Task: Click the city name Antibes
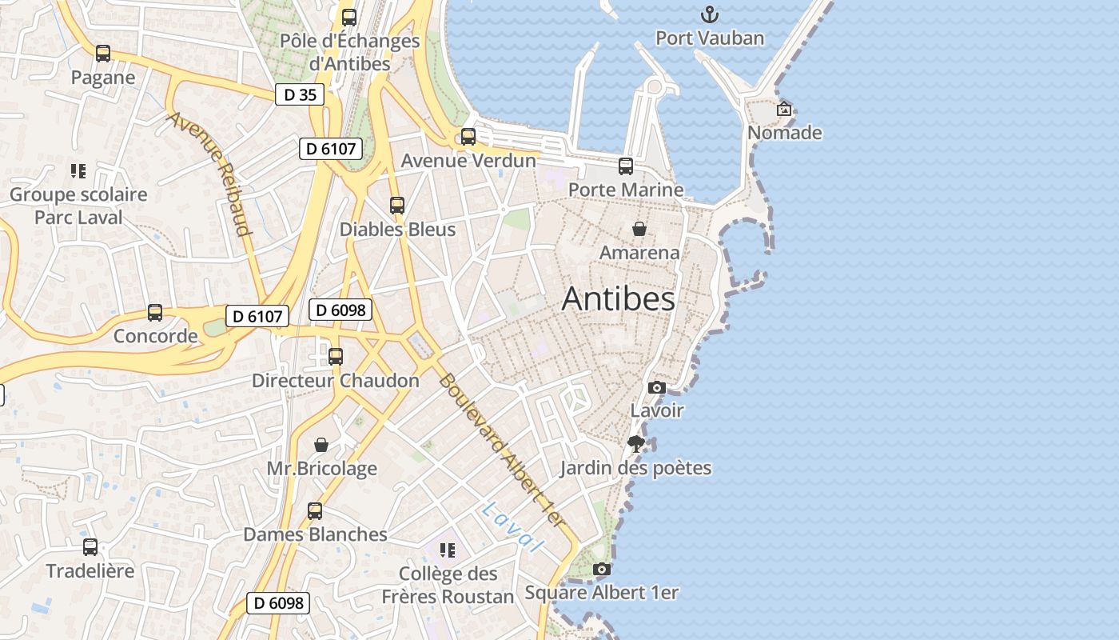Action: point(618,299)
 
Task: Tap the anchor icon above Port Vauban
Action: point(709,14)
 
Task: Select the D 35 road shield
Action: point(300,95)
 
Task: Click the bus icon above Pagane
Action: point(103,54)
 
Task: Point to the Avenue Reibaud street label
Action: point(209,174)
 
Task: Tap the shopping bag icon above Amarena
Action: point(639,229)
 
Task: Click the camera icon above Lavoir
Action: point(657,387)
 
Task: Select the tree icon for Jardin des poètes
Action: point(636,444)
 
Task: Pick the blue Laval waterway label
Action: point(512,527)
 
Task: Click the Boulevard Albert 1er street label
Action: point(502,450)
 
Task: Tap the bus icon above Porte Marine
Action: point(626,166)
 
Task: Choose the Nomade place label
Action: point(784,133)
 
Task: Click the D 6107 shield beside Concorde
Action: point(257,317)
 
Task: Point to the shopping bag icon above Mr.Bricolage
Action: point(321,445)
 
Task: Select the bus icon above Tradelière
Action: point(90,547)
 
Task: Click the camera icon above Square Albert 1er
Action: point(602,570)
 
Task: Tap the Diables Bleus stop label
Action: point(397,230)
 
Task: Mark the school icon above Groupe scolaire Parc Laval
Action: point(78,170)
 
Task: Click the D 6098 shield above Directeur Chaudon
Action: point(340,310)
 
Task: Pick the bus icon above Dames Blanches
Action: point(315,511)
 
